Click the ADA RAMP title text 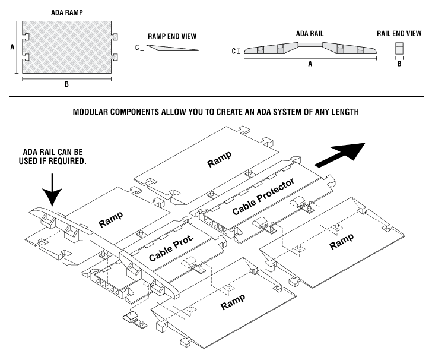click(66, 11)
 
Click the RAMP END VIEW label click(172, 36)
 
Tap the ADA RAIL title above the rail click(310, 34)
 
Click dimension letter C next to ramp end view click(138, 48)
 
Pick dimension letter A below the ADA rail click(309, 65)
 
